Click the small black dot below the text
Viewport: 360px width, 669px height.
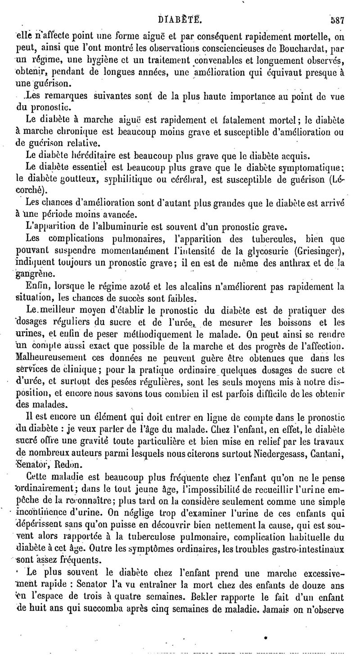265,638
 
